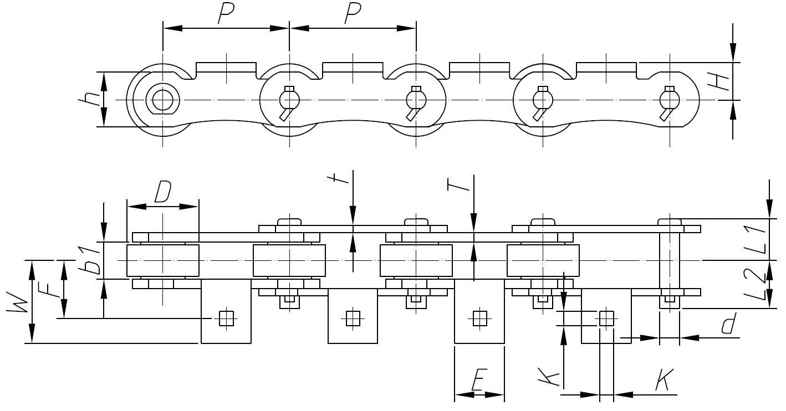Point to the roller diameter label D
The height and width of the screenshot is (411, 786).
coord(162,192)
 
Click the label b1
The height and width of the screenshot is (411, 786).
coord(93,261)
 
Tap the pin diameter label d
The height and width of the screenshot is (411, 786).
coord(729,325)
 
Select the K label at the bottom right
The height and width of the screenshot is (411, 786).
coord(663,381)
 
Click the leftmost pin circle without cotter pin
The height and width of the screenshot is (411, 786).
coord(162,100)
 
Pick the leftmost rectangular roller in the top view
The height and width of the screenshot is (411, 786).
coord(162,260)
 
